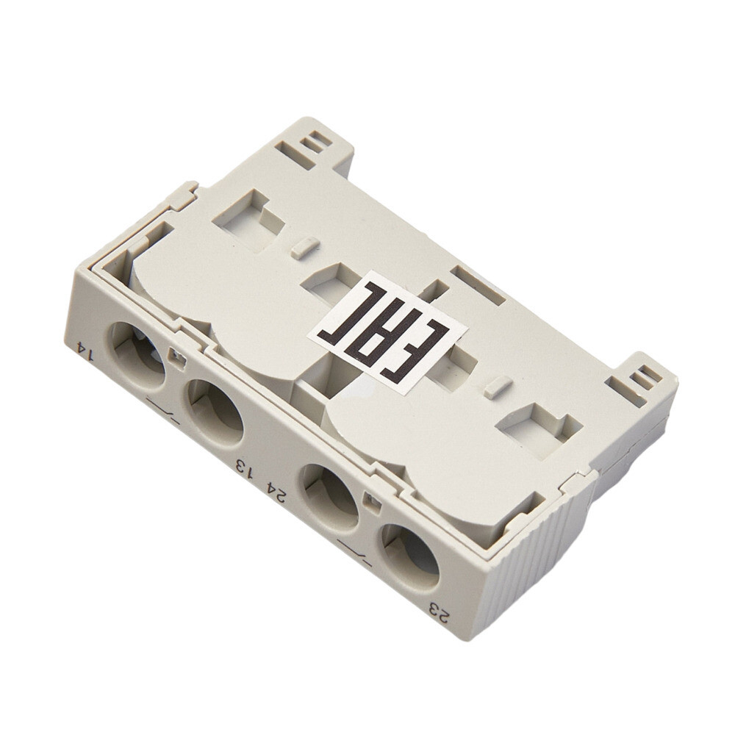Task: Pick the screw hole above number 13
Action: point(215,412)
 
